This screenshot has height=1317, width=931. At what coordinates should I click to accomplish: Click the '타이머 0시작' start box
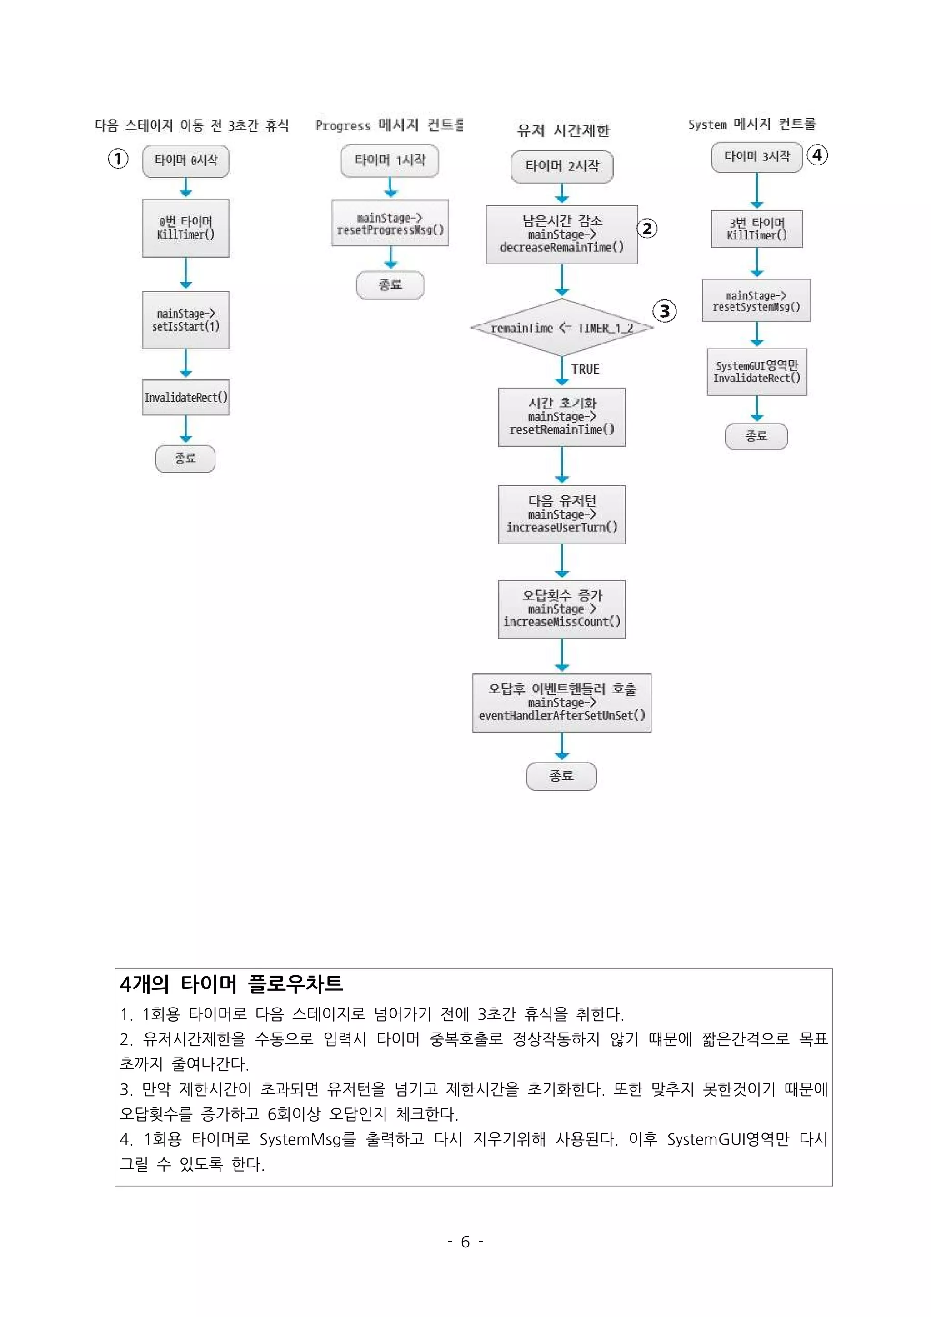(185, 160)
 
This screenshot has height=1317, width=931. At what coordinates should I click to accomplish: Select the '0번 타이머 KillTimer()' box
(185, 228)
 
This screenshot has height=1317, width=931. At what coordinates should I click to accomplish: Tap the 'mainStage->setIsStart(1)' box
(185, 319)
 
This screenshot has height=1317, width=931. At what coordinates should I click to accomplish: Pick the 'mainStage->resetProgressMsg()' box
(390, 223)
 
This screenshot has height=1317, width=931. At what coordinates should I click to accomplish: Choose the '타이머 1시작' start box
(390, 160)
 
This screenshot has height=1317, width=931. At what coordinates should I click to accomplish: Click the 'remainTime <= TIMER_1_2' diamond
(561, 328)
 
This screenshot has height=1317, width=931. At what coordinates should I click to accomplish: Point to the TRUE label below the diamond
(585, 369)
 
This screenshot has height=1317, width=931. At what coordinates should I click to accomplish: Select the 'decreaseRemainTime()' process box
(561, 234)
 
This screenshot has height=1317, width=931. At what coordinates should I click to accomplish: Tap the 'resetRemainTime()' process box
(561, 417)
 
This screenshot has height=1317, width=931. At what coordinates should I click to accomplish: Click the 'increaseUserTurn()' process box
(561, 514)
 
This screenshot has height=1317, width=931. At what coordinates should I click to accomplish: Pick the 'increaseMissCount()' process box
(561, 609)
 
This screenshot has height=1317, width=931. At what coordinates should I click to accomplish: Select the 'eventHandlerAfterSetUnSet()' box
(561, 703)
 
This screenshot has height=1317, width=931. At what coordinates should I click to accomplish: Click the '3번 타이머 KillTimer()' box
(756, 229)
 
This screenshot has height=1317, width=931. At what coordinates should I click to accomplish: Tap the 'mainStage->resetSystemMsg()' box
(756, 300)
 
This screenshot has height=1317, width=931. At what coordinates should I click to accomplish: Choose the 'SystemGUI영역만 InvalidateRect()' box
(756, 372)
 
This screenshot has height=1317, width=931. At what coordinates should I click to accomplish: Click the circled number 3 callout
(664, 311)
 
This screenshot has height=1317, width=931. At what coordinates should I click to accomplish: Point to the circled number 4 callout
(817, 155)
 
